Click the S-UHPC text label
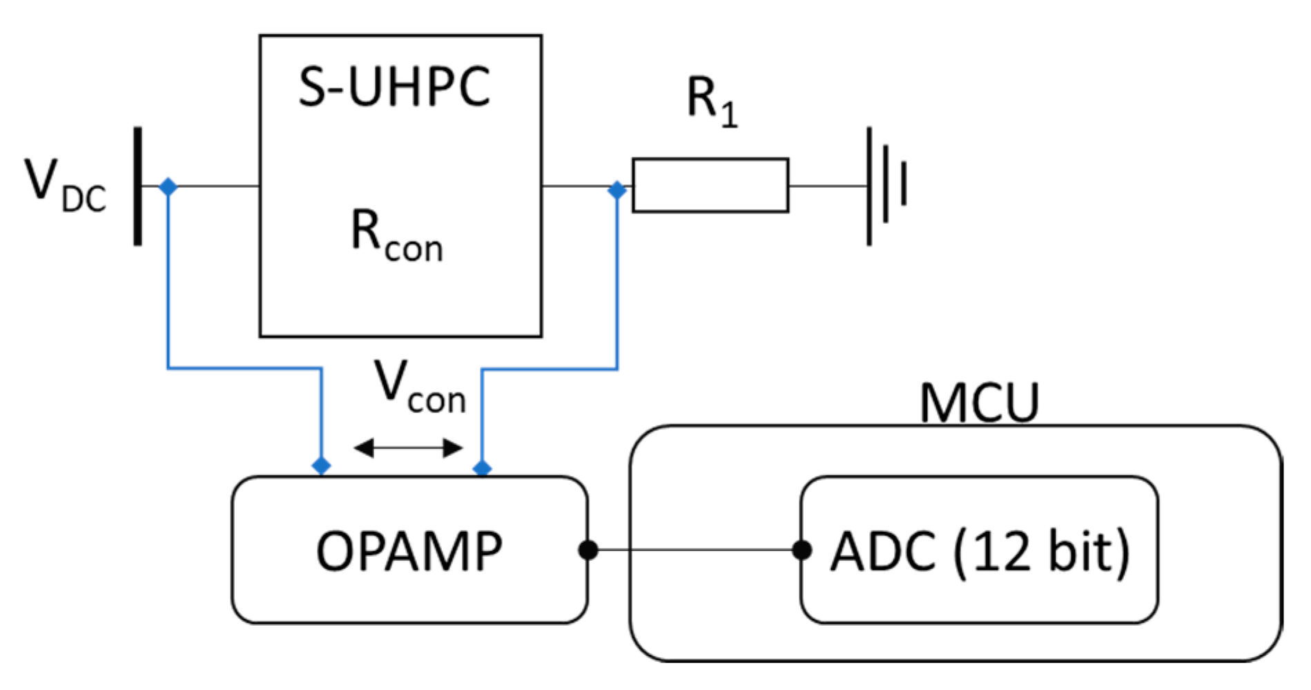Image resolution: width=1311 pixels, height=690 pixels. click(x=394, y=88)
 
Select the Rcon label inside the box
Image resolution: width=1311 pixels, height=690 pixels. click(x=396, y=236)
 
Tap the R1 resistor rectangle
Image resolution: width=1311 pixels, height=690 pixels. click(x=710, y=185)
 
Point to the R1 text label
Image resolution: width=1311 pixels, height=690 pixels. click(x=711, y=101)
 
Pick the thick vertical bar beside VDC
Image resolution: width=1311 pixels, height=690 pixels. click(x=138, y=186)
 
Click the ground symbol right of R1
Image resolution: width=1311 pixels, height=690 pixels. click(x=886, y=185)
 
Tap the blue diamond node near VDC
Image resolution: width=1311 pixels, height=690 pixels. click(x=168, y=186)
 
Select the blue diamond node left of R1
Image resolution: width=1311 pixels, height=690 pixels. click(x=617, y=189)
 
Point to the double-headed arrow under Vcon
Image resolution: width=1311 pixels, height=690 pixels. click(x=408, y=448)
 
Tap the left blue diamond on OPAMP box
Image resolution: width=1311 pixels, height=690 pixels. click(x=321, y=466)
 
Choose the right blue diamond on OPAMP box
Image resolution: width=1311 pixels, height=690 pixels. click(x=482, y=469)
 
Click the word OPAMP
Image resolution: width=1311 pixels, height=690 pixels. click(x=409, y=551)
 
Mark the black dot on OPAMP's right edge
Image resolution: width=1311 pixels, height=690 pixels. click(x=588, y=550)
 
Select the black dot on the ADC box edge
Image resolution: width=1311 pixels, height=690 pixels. click(x=802, y=550)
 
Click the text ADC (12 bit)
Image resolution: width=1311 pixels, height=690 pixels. click(x=980, y=551)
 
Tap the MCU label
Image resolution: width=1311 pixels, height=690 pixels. click(x=979, y=403)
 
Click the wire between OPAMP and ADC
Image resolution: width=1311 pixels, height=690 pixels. click(x=694, y=550)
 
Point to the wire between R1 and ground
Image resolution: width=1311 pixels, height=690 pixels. click(x=828, y=186)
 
